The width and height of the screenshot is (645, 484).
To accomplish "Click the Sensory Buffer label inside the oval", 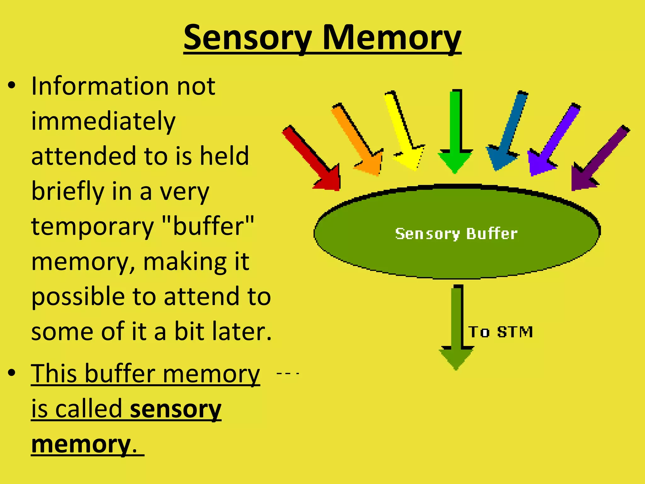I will point(456,234).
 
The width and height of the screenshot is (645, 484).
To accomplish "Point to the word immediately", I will point(103,122).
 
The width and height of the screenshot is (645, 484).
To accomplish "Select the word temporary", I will point(92,227).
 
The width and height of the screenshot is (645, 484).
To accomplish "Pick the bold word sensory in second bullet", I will point(175,410).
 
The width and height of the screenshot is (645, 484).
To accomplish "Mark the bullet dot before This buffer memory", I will point(12,373).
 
